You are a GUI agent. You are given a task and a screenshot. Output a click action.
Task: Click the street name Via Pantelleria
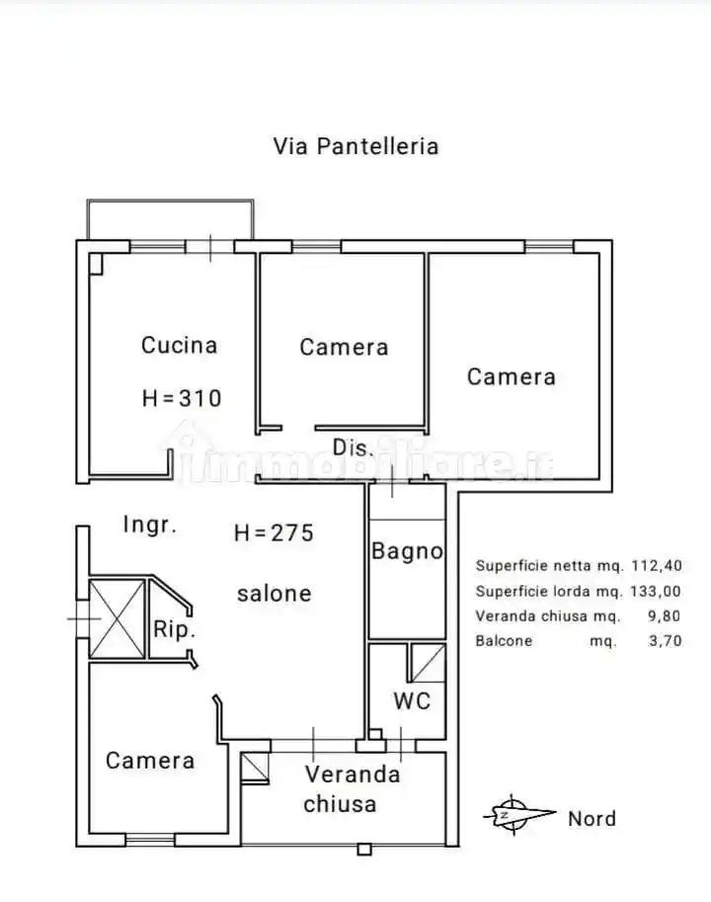[355, 146]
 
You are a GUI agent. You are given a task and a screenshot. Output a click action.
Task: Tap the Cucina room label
[179, 345]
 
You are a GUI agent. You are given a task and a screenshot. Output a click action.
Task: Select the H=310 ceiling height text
[182, 398]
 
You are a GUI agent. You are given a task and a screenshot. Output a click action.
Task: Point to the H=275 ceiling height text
[274, 533]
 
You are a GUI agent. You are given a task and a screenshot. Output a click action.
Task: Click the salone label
[274, 593]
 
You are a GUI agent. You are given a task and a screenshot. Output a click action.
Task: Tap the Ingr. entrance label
[150, 525]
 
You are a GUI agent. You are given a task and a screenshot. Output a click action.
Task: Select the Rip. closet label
[175, 629]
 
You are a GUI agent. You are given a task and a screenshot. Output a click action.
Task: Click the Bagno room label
[407, 551]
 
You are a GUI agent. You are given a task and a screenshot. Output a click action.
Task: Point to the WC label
[412, 700]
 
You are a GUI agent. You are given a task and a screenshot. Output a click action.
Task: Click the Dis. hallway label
[353, 448]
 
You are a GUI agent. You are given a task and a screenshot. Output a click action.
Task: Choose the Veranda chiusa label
[340, 788]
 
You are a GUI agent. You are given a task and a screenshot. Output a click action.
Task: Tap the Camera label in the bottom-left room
[150, 760]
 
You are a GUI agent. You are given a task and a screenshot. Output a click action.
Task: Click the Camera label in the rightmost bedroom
[511, 376]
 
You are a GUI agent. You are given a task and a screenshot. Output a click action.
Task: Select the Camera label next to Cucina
[344, 347]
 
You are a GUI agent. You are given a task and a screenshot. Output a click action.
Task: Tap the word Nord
[592, 818]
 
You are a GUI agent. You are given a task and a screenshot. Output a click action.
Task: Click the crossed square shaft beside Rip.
[118, 619]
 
